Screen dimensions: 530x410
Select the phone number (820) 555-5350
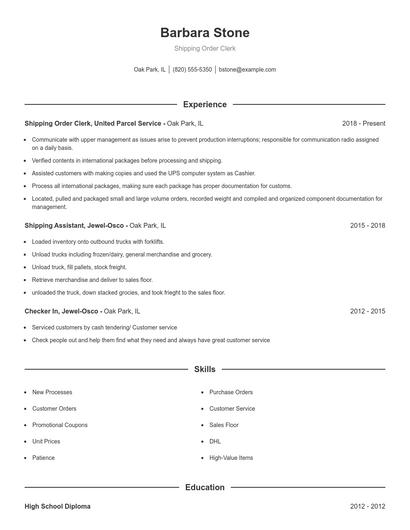tap(193, 70)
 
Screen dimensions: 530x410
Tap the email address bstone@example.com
tap(247, 70)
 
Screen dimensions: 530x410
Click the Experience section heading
tap(204, 104)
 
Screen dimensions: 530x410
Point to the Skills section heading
tap(204, 369)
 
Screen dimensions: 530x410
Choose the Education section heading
tap(204, 487)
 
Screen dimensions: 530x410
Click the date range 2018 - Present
tap(363, 123)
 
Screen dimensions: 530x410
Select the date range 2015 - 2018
tap(367, 226)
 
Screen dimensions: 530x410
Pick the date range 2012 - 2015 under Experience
tap(367, 312)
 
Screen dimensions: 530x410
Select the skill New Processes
tap(51, 393)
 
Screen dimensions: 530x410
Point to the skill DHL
tap(215, 441)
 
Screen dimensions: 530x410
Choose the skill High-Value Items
tap(231, 457)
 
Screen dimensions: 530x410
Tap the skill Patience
tap(44, 457)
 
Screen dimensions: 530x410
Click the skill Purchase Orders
tap(231, 393)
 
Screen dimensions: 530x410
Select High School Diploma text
tap(58, 507)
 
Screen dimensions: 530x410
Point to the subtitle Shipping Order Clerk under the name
tap(204, 48)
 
